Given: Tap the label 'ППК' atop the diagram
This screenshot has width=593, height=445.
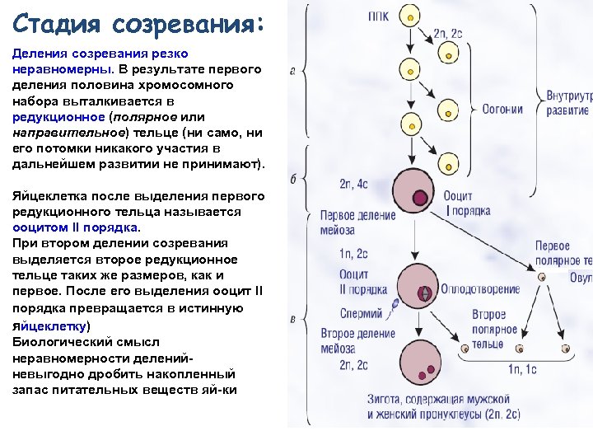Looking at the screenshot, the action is (x=380, y=16).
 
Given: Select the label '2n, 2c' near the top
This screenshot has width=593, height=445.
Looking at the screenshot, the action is (x=447, y=34).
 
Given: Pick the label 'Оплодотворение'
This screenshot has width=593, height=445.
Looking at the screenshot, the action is (x=479, y=289).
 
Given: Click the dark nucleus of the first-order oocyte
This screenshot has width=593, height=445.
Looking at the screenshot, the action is (x=421, y=197).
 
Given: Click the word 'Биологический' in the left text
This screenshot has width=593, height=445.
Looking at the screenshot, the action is (x=60, y=340).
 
